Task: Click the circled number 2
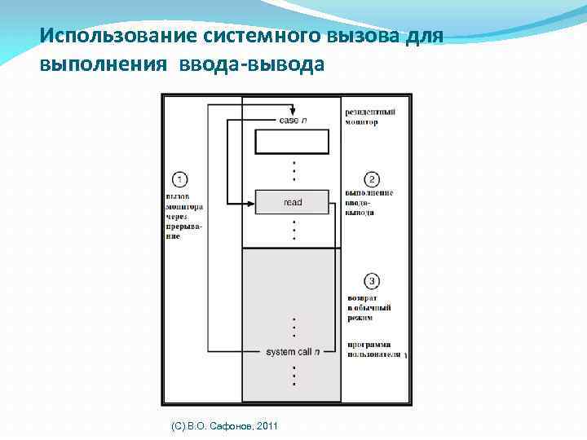(x=372, y=178)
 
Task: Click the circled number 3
(x=372, y=282)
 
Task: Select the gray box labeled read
(x=292, y=202)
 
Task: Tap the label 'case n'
(x=293, y=121)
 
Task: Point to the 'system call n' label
(x=293, y=351)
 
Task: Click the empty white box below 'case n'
(x=292, y=142)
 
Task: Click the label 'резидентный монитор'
(x=371, y=117)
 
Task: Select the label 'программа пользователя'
(x=373, y=350)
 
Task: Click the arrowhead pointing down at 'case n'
(x=293, y=110)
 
